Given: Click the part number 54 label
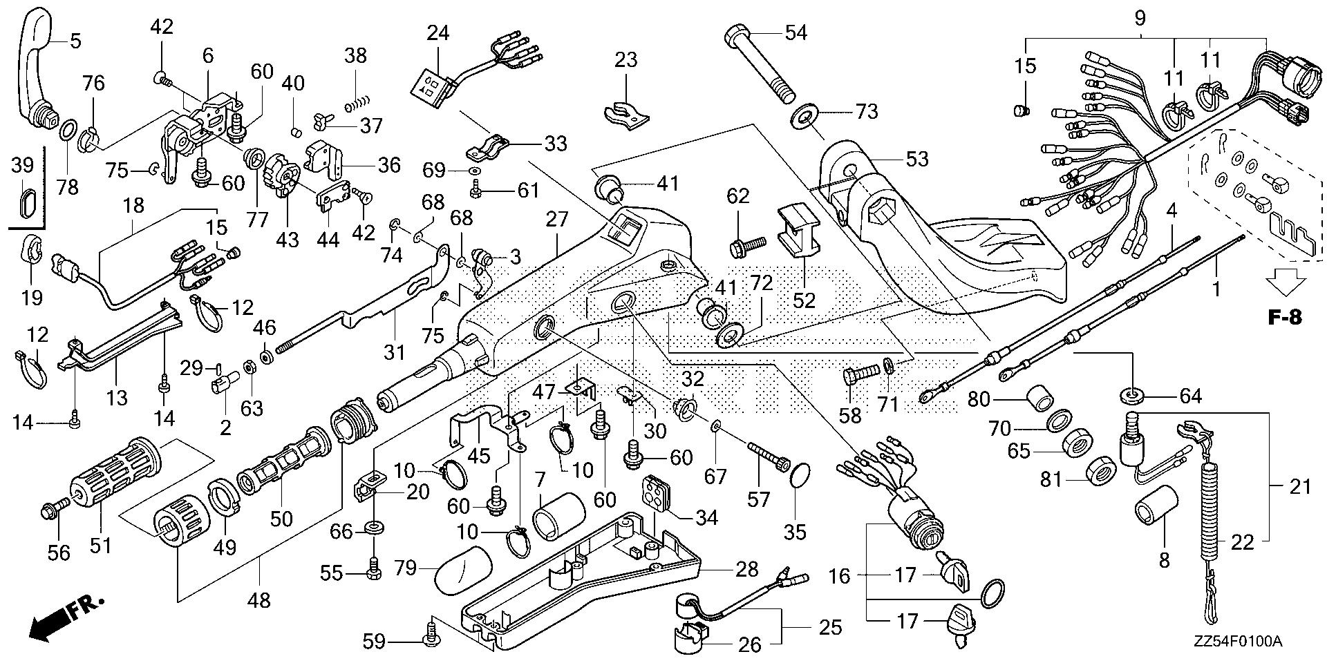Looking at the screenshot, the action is pyautogui.click(x=797, y=32).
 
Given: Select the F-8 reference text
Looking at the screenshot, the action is pyautogui.click(x=1284, y=317).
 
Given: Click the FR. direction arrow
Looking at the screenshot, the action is pyautogui.click(x=66, y=617).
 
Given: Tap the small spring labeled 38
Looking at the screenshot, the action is pyautogui.click(x=353, y=104).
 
